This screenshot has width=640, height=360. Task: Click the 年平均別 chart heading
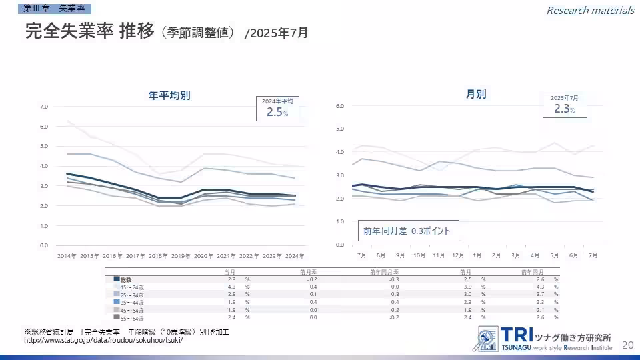coord(169,95)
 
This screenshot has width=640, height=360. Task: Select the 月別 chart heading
coord(476,94)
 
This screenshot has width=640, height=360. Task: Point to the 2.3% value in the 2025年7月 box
coord(563,109)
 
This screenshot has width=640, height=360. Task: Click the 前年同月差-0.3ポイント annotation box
coord(407,231)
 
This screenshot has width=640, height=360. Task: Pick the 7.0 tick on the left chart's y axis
coord(43,107)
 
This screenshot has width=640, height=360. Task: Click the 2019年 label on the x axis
coord(180,256)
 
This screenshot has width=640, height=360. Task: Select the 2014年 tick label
coord(66,256)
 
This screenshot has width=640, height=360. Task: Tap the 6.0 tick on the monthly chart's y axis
coord(339,106)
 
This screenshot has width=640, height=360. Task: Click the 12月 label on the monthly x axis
coord(457,255)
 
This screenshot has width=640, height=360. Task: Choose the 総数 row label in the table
coord(126,279)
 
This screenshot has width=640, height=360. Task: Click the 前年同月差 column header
coord(385,271)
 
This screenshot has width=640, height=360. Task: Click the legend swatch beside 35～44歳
coord(116,302)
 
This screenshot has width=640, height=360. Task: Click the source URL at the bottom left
coord(103,340)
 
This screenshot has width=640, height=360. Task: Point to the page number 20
coord(627,345)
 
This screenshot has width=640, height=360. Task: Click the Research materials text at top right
coord(590,10)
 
